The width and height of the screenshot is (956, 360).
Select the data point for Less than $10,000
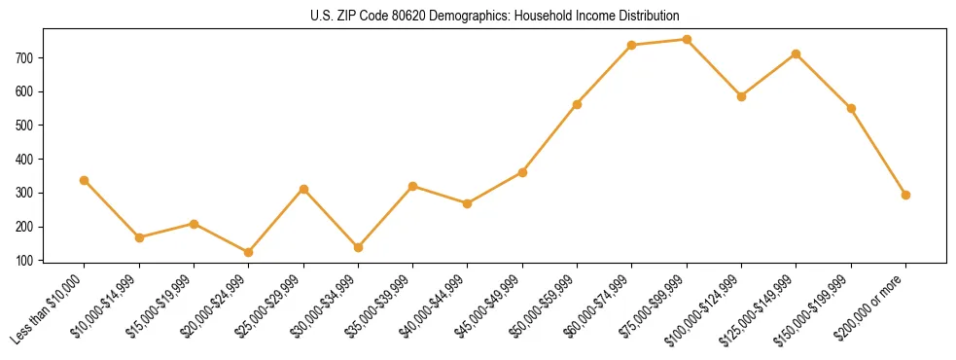click(x=85, y=180)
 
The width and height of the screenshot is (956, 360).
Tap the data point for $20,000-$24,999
click(x=195, y=252)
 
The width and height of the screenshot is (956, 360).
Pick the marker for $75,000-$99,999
click(x=687, y=40)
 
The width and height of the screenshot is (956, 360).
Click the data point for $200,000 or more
click(x=905, y=195)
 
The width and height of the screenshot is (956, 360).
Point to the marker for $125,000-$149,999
click(x=797, y=54)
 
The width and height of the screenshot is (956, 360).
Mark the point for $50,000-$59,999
click(x=577, y=104)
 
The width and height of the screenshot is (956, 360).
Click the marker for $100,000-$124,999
click(x=741, y=96)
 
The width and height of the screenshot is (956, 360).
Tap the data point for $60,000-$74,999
click(x=632, y=45)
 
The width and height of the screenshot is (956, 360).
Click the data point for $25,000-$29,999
click(x=303, y=189)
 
